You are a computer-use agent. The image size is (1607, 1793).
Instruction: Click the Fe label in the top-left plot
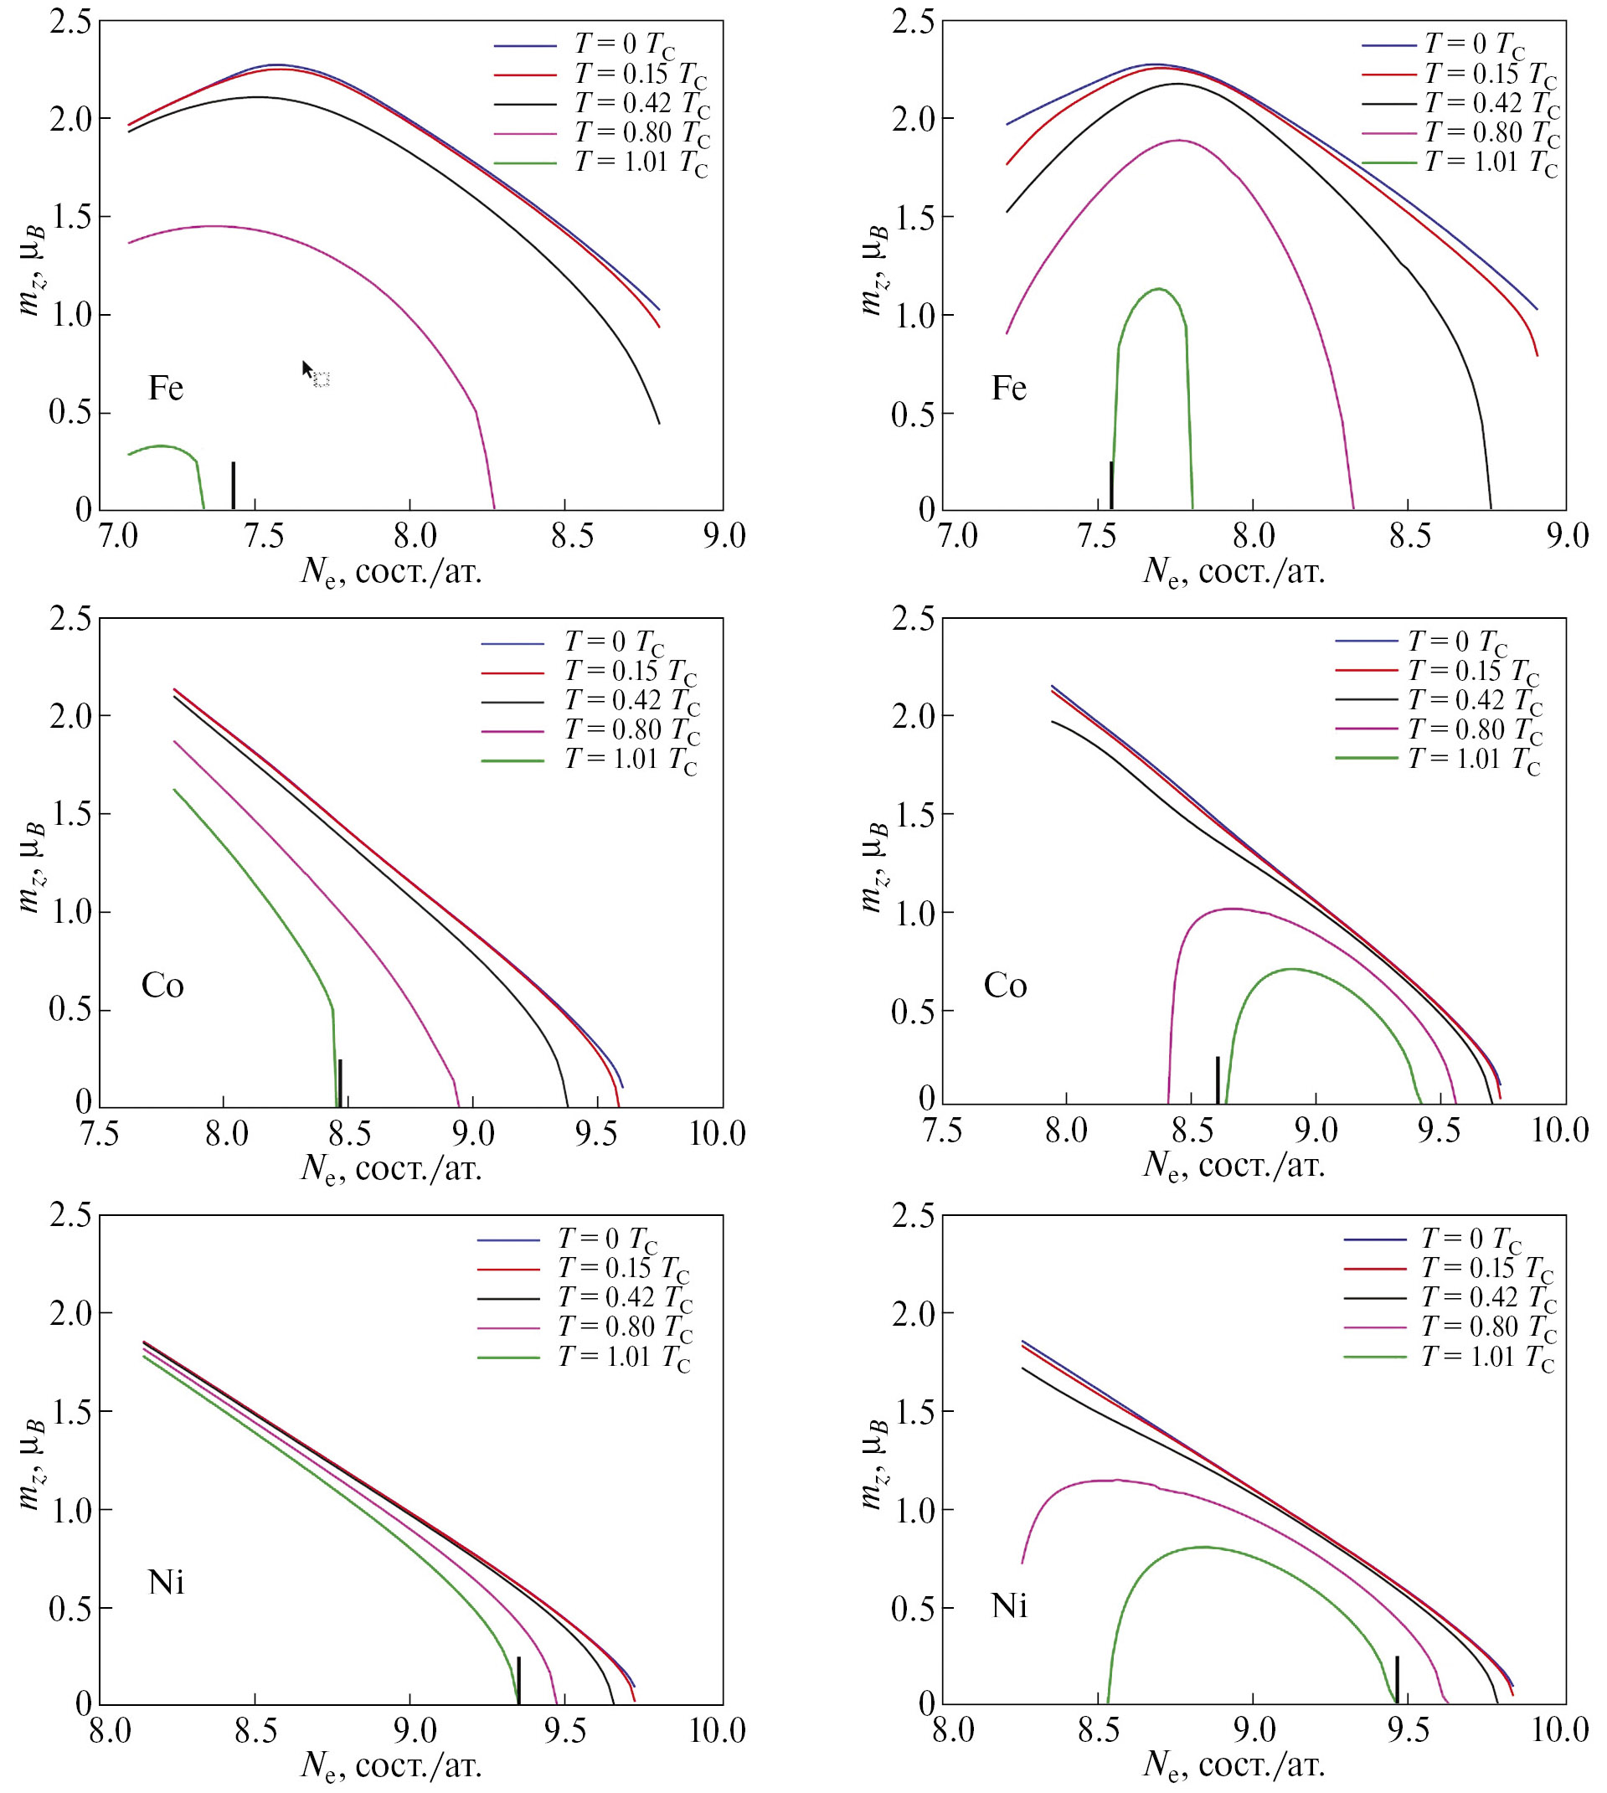click(166, 389)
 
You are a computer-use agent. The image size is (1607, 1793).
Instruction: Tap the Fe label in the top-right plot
click(1009, 389)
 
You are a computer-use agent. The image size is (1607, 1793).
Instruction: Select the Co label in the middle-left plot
click(162, 985)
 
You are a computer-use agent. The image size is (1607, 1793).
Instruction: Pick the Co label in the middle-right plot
click(1006, 985)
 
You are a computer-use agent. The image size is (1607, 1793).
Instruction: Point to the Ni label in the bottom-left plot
click(166, 1582)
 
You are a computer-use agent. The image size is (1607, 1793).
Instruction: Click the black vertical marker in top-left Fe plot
click(233, 486)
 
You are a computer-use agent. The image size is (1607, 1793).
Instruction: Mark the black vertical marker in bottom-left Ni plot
click(518, 1680)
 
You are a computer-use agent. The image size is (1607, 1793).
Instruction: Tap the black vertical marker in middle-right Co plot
click(1218, 1079)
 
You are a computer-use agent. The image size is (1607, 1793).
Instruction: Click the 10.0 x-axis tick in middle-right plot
click(1560, 1130)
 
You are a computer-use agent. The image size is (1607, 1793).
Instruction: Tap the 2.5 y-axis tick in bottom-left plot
click(70, 1216)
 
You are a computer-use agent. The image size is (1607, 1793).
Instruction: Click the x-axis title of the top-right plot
click(1234, 572)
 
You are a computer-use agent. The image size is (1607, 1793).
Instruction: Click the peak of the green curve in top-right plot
click(1158, 289)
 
